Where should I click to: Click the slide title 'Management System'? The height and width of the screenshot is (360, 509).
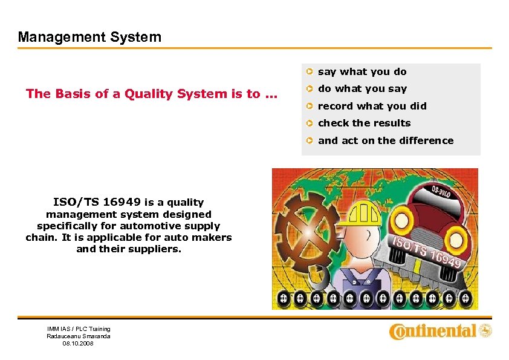(89, 37)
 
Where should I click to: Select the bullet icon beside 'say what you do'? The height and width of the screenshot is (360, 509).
(308, 72)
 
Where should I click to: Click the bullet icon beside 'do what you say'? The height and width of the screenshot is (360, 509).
(308, 89)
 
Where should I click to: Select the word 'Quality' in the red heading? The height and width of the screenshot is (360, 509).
(151, 94)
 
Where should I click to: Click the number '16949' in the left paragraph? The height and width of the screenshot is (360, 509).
(122, 202)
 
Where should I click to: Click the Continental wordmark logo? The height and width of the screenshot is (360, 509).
(433, 331)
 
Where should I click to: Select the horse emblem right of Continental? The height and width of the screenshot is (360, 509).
(485, 330)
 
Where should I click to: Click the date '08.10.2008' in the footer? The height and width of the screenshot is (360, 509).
(78, 344)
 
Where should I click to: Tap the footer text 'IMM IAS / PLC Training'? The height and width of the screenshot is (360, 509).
(79, 329)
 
